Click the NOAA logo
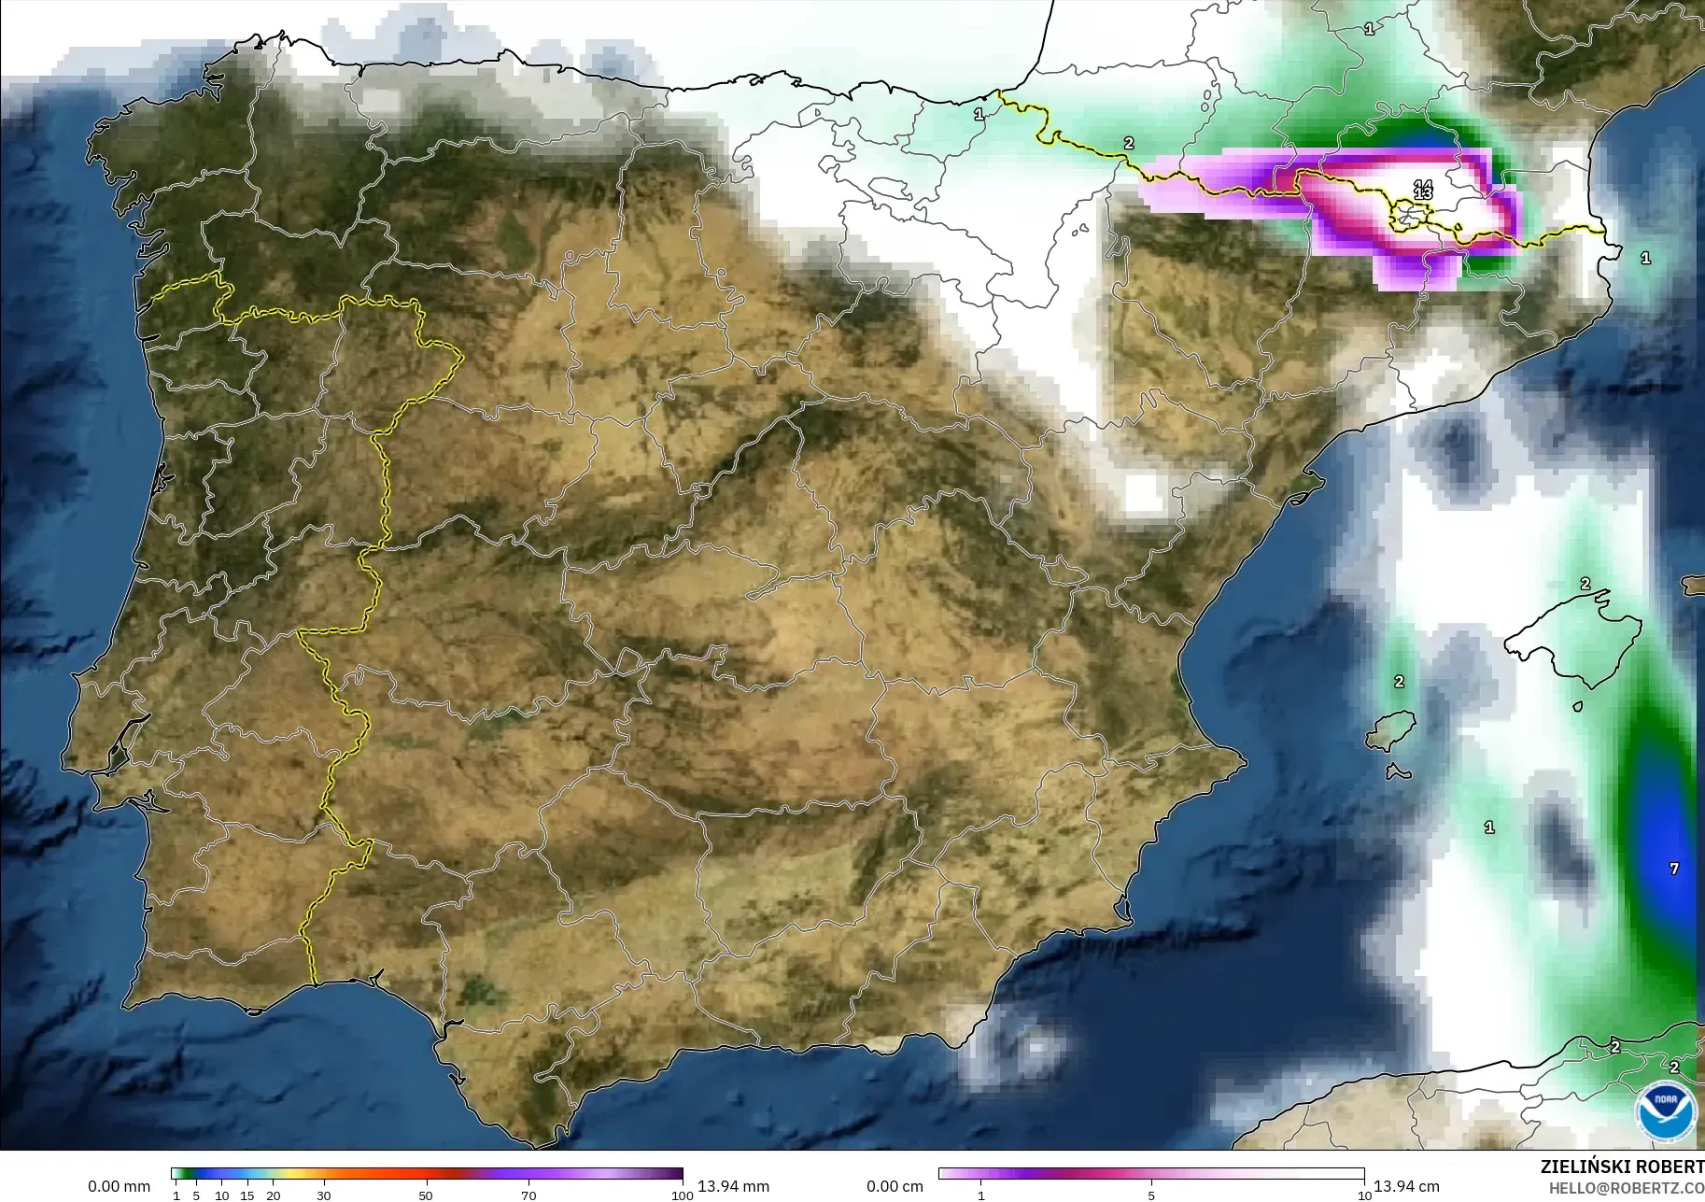click(1666, 1110)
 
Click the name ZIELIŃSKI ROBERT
click(1622, 1167)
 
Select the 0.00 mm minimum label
click(119, 1186)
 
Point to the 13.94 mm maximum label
click(733, 1186)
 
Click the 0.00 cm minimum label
click(895, 1186)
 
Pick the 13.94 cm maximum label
click(1405, 1186)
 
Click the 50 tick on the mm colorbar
click(426, 1195)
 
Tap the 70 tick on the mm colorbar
click(528, 1195)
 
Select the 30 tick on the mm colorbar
click(324, 1195)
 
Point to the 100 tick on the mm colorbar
click(683, 1195)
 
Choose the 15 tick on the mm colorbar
click(247, 1195)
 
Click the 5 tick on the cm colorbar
click(1151, 1195)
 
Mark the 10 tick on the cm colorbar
click(1364, 1195)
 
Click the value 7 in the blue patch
click(1674, 869)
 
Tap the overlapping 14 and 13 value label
click(1423, 190)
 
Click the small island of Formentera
click(1397, 772)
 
